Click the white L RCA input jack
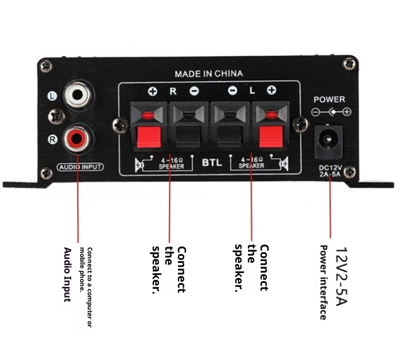[79, 96]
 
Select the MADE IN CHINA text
[208, 74]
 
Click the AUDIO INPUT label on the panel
[80, 168]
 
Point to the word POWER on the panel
[329, 100]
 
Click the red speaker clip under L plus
[270, 136]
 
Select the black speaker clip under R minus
[187, 136]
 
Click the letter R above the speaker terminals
[172, 91]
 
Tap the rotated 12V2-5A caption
[341, 277]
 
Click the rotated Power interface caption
[323, 282]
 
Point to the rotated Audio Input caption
[68, 274]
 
